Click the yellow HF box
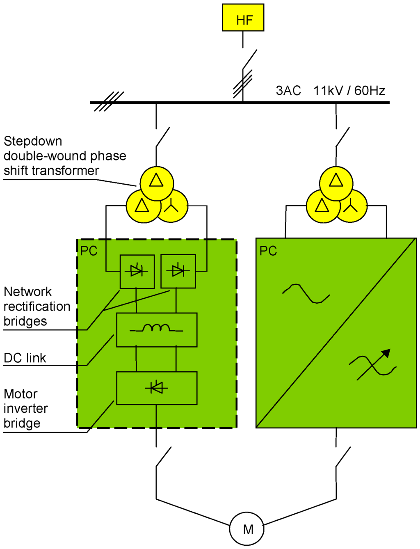(243, 18)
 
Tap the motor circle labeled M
(247, 529)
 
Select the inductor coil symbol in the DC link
(156, 328)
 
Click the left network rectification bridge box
(137, 271)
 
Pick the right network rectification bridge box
(178, 271)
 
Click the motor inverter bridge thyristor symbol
(156, 387)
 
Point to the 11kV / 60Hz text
(349, 91)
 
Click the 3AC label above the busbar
(288, 91)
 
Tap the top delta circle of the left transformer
(157, 183)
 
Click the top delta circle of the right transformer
(336, 183)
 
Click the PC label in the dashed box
(89, 251)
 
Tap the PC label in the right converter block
(268, 251)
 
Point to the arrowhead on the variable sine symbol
(386, 354)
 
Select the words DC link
(25, 358)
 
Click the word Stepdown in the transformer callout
(33, 141)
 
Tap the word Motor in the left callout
(21, 394)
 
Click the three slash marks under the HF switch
(242, 84)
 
